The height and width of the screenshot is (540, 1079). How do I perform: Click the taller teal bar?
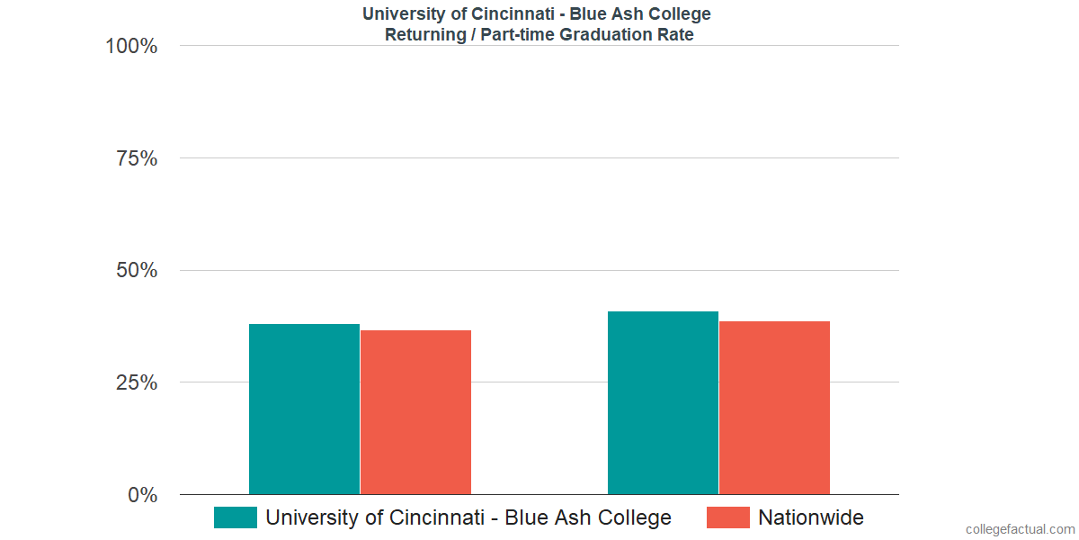click(663, 403)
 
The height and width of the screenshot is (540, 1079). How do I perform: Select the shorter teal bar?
click(304, 409)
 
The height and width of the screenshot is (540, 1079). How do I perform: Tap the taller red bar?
click(774, 408)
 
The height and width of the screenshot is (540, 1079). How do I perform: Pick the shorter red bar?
click(415, 412)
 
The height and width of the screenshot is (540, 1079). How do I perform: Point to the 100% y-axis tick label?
click(131, 46)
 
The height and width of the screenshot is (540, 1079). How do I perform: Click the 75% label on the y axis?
click(137, 158)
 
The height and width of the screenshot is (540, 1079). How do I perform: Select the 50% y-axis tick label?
click(137, 271)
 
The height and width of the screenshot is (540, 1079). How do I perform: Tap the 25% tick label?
click(137, 382)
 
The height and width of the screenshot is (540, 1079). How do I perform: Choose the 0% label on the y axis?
click(142, 495)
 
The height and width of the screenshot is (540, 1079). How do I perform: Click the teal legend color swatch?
click(235, 517)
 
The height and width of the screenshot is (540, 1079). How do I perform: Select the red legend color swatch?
click(727, 517)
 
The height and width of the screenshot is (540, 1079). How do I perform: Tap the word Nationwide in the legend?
click(811, 517)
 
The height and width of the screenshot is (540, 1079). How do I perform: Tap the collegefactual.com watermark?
click(1020, 529)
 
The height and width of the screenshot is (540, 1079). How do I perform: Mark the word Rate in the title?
click(676, 35)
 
